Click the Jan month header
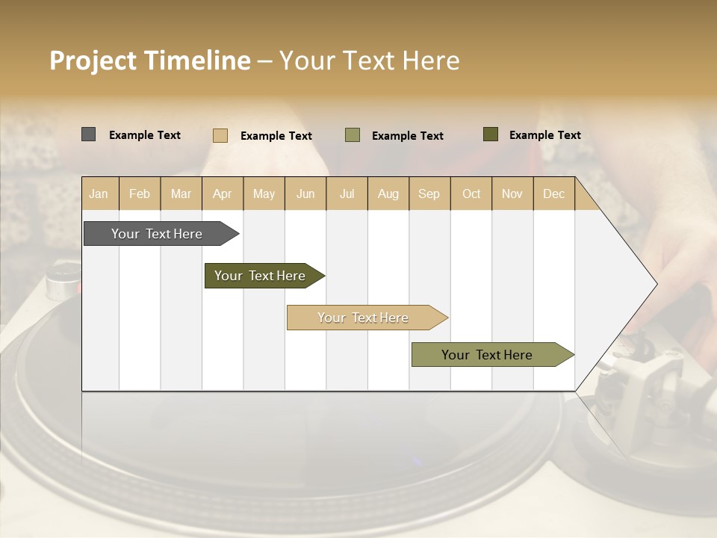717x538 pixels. pos(99,194)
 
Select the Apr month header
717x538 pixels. pos(222,194)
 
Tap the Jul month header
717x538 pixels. pos(347,194)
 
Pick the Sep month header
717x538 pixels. pos(429,194)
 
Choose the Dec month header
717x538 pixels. pos(553,194)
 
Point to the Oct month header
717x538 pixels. pos(471,194)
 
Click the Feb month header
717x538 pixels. pos(140,194)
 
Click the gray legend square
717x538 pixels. pos(89,134)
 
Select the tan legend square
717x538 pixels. pos(220,135)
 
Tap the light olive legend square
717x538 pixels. pos(353,135)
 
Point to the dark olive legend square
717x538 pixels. pos(491,134)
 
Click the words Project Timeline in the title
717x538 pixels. pos(150,61)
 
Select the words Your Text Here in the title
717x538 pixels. pos(369,61)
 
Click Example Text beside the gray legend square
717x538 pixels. pos(145,135)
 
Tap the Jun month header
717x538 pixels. pos(305,194)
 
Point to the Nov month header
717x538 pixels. pos(512,194)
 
